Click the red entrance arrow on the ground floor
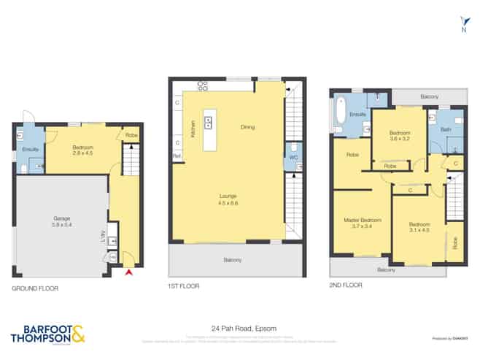(130, 272)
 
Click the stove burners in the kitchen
(202, 85)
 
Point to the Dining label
(248, 127)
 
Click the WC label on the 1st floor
(293, 156)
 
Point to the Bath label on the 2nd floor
(446, 129)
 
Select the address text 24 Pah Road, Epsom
(239, 328)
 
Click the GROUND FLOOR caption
(34, 288)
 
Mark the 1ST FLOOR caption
(183, 286)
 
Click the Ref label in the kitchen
(177, 156)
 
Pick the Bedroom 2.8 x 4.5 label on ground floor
(82, 150)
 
